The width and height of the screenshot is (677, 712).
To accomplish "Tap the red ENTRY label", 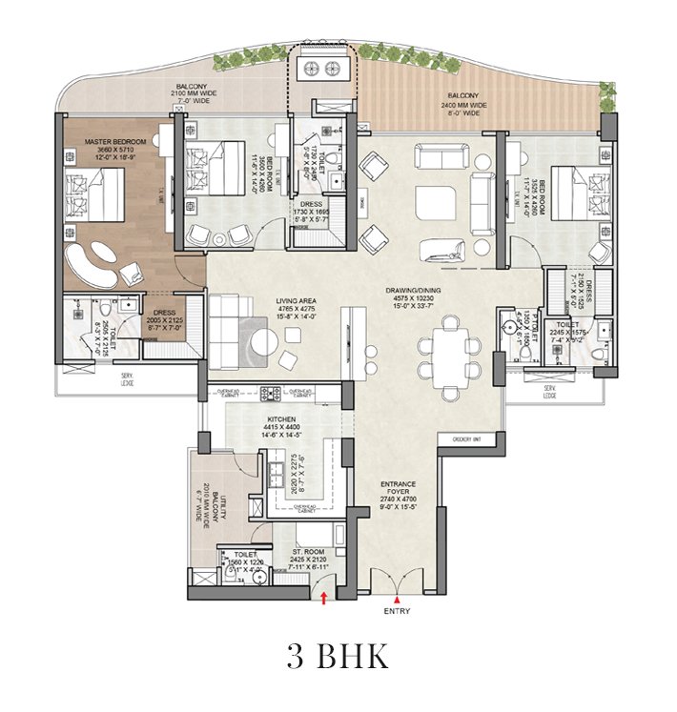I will tap(397, 611).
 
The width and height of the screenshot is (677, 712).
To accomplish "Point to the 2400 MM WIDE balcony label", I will tap(467, 102).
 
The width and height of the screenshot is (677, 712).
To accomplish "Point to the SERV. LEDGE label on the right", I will tap(549, 391).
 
